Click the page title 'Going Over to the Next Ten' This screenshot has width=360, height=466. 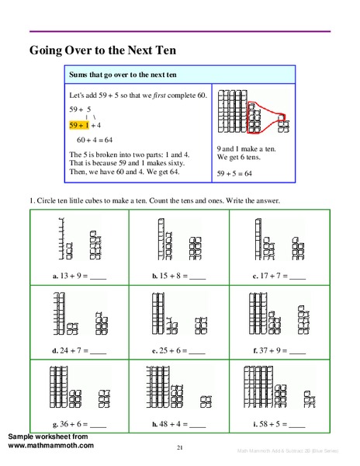(103, 50)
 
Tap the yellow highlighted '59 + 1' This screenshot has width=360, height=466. (80, 124)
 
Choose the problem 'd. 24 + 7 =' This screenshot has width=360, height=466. (78, 349)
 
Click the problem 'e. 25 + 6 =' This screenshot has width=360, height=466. (178, 349)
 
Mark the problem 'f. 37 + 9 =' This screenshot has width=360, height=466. (278, 349)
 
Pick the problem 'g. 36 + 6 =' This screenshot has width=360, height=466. (78, 424)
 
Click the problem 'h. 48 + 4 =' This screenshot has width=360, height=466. (178, 424)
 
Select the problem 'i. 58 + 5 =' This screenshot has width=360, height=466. (278, 424)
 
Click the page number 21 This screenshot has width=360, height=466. (179, 447)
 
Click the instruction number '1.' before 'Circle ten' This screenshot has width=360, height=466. (32, 202)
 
